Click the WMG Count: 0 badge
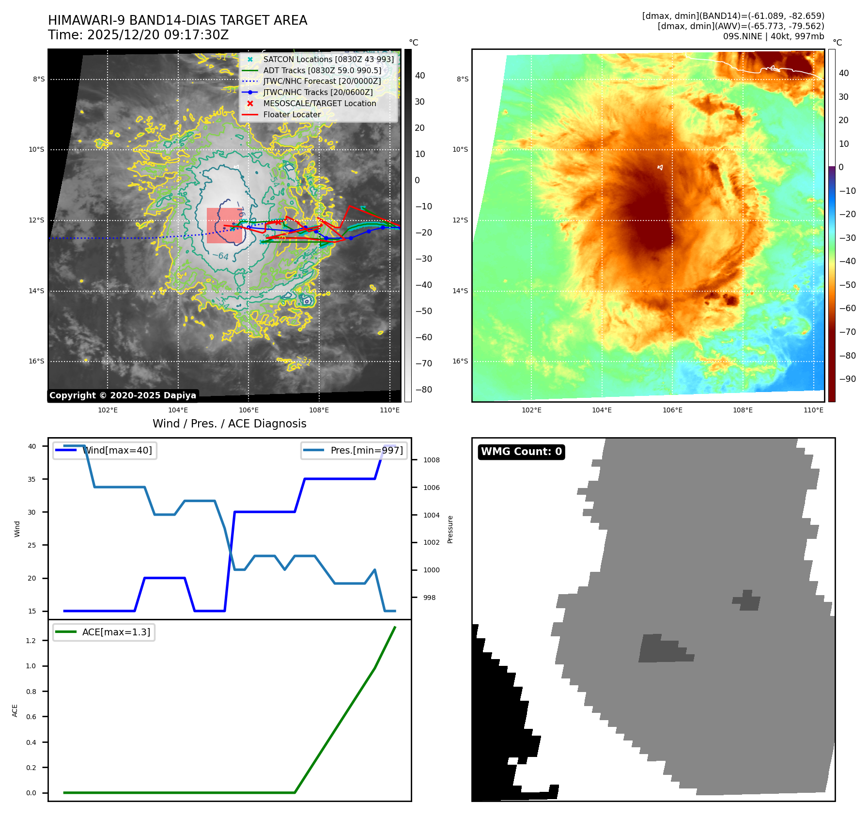pyautogui.click(x=521, y=452)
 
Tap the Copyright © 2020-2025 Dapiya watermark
pyautogui.click(x=123, y=395)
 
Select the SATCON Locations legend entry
pyautogui.click(x=328, y=59)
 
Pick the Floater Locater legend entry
pyautogui.click(x=292, y=115)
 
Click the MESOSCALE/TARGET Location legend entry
pyautogui.click(x=319, y=104)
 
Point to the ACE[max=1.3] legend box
pyautogui.click(x=104, y=632)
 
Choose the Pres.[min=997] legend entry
pyautogui.click(x=354, y=451)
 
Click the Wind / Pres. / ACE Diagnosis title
pyautogui.click(x=229, y=424)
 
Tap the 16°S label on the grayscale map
pyautogui.click(x=36, y=362)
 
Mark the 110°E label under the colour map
pyautogui.click(x=813, y=410)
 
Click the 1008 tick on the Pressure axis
pyautogui.click(x=431, y=460)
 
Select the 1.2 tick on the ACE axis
pyautogui.click(x=31, y=641)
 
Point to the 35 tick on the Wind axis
pyautogui.click(x=32, y=479)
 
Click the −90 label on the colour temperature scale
pyautogui.click(x=847, y=379)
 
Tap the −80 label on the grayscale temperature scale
pyautogui.click(x=424, y=390)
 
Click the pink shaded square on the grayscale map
pyautogui.click(x=224, y=225)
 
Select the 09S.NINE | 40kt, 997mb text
pyautogui.click(x=773, y=36)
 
